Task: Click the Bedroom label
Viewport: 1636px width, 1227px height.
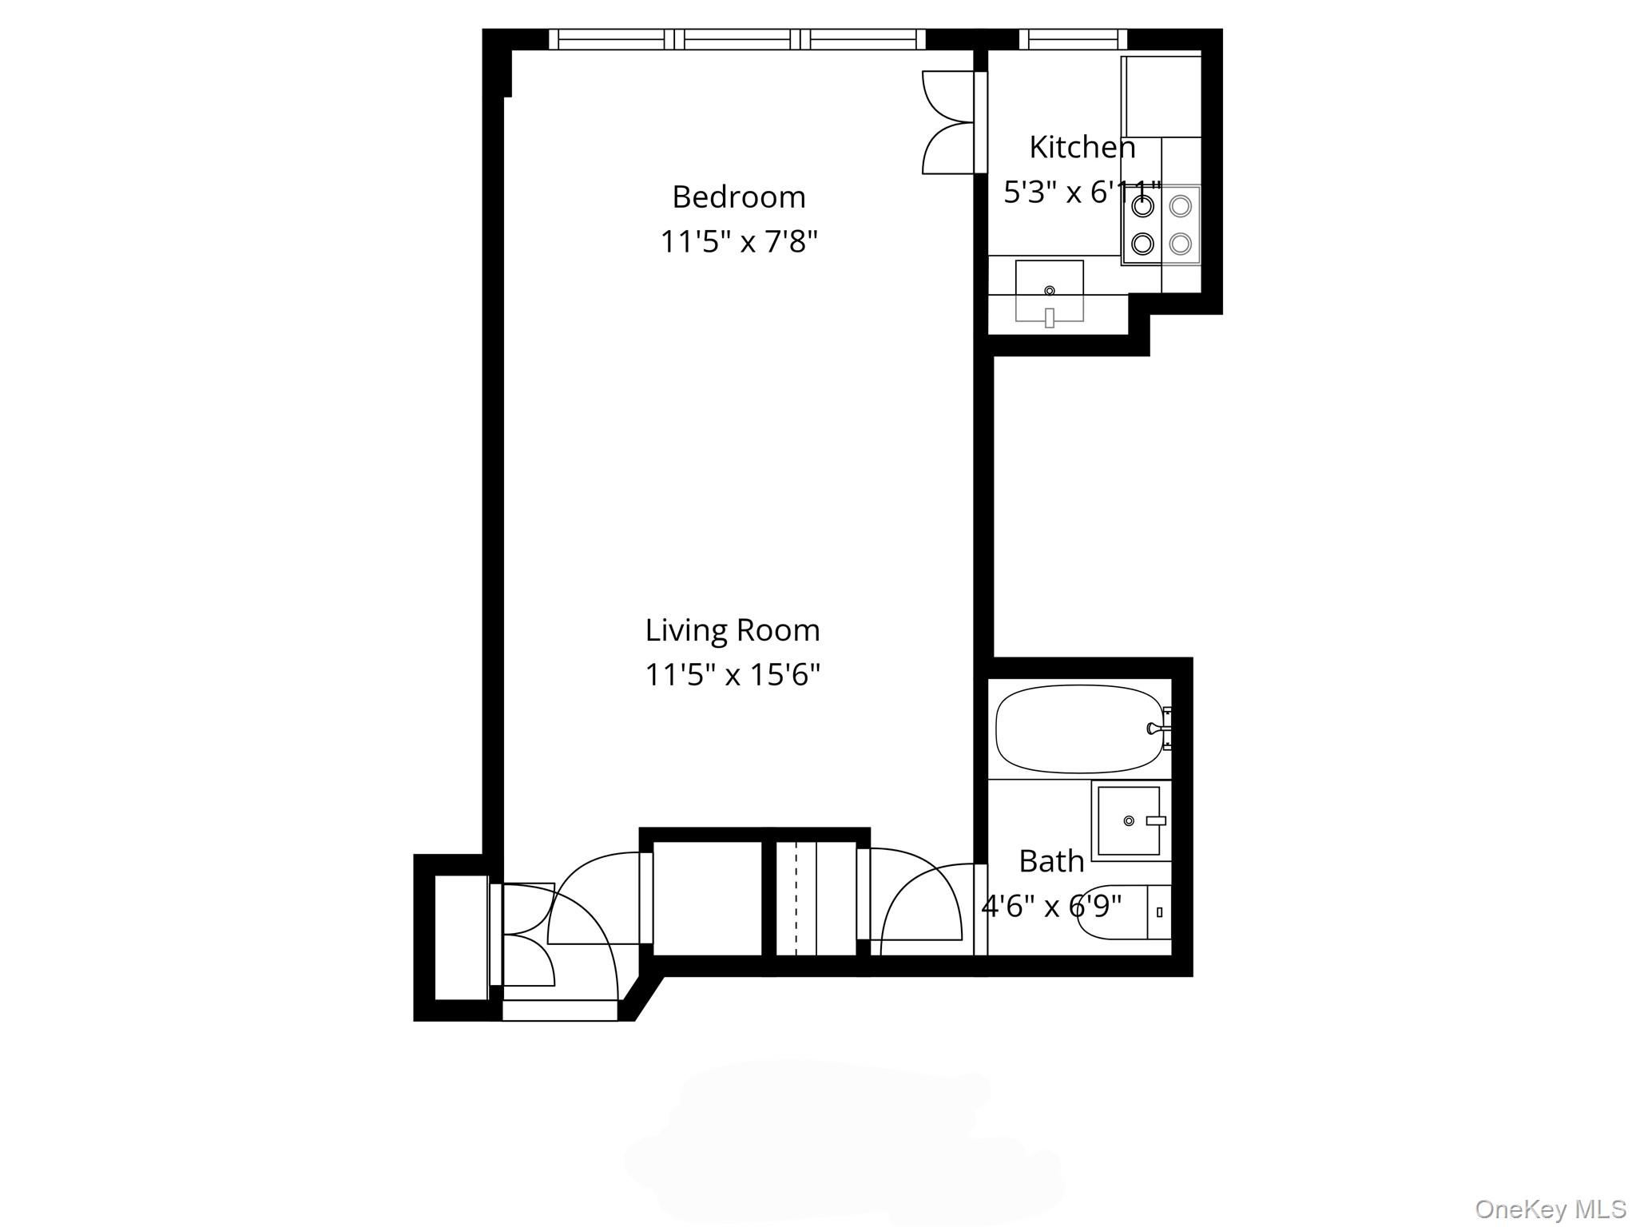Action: (x=738, y=197)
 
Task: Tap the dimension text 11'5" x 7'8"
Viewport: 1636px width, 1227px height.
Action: (x=738, y=241)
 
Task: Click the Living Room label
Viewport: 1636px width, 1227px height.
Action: (x=733, y=630)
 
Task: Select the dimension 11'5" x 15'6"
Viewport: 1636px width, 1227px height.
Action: (x=733, y=675)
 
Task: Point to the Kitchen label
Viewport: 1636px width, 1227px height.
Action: (x=1082, y=147)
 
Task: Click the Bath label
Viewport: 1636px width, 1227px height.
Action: (x=1051, y=861)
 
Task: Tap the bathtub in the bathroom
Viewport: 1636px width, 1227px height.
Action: (x=1078, y=729)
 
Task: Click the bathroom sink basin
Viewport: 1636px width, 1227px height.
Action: (x=1128, y=820)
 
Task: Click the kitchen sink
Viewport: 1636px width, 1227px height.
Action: (x=1049, y=292)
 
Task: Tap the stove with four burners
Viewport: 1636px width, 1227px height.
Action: (x=1161, y=225)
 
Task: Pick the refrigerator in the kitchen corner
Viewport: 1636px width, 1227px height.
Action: (x=1161, y=96)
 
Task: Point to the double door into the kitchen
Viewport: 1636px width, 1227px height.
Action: (x=948, y=122)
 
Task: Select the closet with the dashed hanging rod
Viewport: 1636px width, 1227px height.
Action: (x=816, y=898)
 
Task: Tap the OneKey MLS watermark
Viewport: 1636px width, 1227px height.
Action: (x=1550, y=1209)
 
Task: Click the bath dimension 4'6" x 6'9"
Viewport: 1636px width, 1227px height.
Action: (x=1051, y=907)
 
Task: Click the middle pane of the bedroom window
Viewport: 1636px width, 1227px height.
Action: (x=742, y=39)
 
